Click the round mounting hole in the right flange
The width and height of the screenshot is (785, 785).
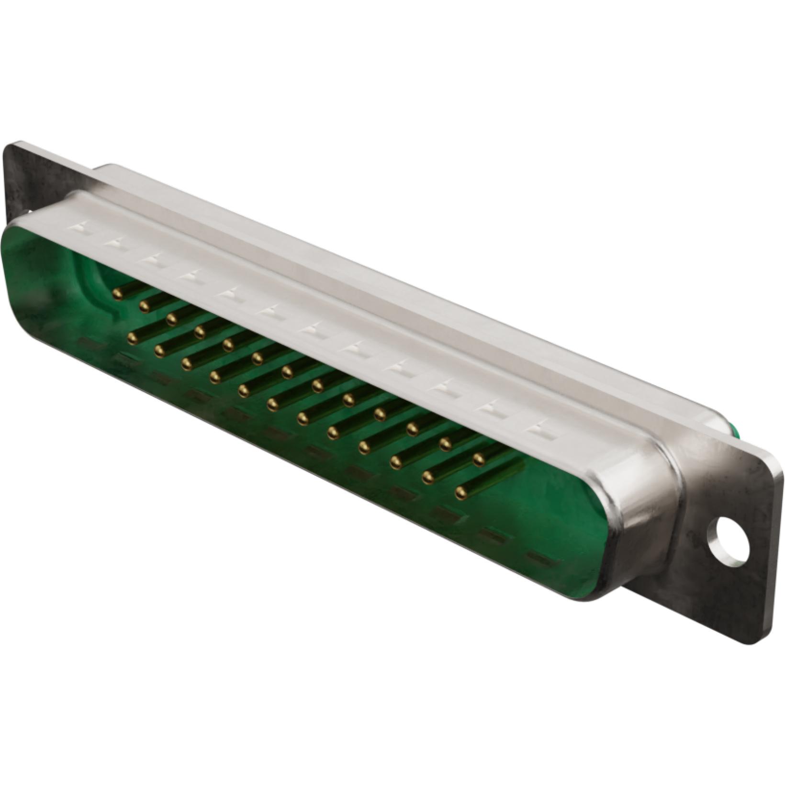click(729, 539)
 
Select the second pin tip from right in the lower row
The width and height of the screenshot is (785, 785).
click(427, 476)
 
